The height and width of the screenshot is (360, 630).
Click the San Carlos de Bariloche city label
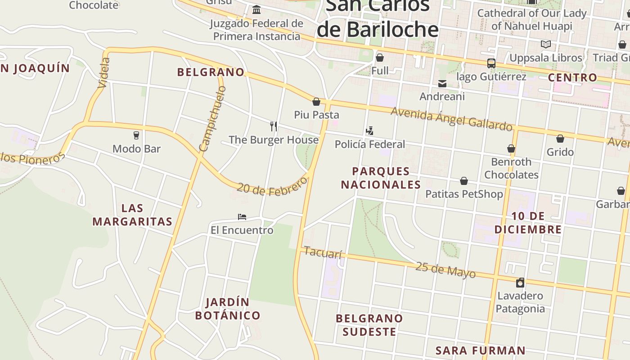pos(377,18)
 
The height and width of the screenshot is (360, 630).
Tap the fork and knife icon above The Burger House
pos(273,126)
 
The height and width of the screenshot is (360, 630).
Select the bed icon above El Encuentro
pos(242,217)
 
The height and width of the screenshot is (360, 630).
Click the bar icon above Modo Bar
pos(136,135)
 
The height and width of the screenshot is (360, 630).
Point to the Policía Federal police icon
pos(369,131)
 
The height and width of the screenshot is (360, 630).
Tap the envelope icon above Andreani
pos(442,83)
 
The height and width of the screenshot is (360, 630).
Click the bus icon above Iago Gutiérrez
pos(491,63)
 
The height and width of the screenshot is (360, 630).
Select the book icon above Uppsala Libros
pos(545,45)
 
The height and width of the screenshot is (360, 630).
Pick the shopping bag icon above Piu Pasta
pos(316,102)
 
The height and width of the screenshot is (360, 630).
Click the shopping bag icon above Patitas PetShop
pos(464,181)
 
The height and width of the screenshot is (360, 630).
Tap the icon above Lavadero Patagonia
pos(520,283)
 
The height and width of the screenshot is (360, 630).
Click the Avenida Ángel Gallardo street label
pos(451,118)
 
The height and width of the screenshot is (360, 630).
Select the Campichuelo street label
pos(212,119)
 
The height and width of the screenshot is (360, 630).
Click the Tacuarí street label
pos(323,252)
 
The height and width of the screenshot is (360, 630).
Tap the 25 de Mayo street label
pos(445,270)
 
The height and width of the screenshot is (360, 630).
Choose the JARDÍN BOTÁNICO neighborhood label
pos(228,309)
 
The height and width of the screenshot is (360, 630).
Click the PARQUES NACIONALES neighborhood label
pos(381,178)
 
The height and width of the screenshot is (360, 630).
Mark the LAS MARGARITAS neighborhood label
pos(132,215)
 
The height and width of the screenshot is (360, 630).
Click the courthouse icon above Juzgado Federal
pos(256,9)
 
